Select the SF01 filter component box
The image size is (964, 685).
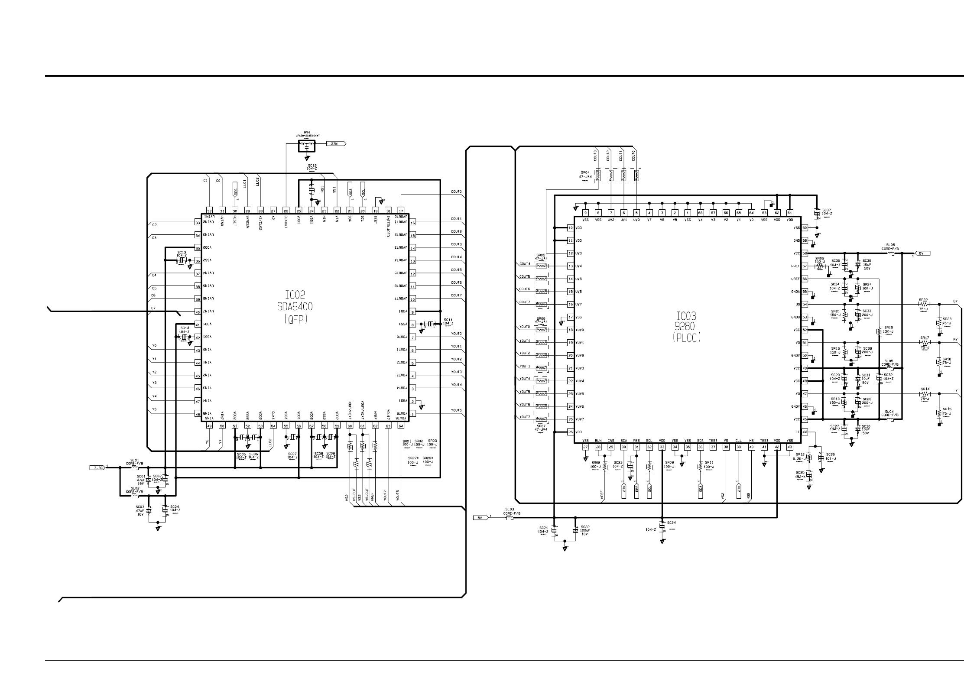(307, 146)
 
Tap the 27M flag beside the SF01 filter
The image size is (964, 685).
(335, 143)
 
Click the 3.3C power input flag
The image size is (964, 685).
(97, 467)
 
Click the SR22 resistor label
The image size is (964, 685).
(923, 300)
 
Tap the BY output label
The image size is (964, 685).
(955, 301)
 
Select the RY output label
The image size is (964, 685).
(955, 339)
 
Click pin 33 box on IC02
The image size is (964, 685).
(198, 223)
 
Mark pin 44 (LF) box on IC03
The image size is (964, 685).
(805, 432)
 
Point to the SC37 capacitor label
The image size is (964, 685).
(826, 211)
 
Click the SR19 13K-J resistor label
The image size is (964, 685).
(888, 330)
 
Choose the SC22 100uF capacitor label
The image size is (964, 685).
(585, 530)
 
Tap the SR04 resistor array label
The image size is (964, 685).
(585, 174)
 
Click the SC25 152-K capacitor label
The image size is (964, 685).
(800, 474)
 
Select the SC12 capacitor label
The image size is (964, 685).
(312, 167)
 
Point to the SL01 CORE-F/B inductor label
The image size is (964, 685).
(134, 462)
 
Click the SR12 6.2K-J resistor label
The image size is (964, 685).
(799, 456)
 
